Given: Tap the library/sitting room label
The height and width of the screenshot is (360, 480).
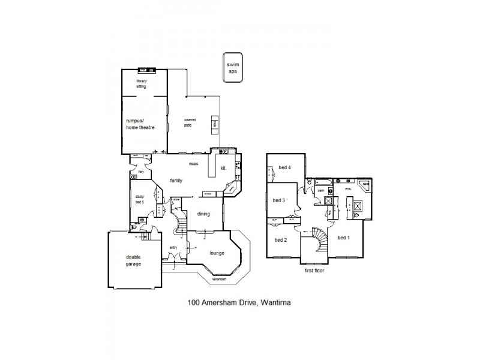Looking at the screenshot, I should (141, 84).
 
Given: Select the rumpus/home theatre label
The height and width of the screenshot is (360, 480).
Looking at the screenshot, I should (140, 123).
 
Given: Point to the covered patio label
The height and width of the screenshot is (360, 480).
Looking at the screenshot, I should (190, 122).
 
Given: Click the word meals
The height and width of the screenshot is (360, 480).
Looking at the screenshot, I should (194, 163).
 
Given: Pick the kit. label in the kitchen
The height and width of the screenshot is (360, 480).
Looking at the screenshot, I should (223, 168).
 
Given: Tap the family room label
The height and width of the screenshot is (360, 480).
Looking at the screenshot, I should (176, 180).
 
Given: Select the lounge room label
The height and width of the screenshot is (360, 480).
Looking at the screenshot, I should (217, 253).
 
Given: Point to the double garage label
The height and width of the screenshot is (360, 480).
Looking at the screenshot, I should (133, 260).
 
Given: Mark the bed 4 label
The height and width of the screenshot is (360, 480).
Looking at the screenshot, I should (284, 167).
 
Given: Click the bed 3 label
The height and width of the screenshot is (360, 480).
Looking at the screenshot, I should (280, 200).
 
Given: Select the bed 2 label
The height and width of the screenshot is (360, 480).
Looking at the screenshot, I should (281, 239).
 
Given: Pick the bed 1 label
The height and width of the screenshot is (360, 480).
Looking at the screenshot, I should (343, 238).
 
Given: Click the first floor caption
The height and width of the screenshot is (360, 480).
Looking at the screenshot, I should (315, 271).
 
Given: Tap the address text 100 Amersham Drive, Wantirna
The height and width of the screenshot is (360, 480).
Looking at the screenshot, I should (239, 303).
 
